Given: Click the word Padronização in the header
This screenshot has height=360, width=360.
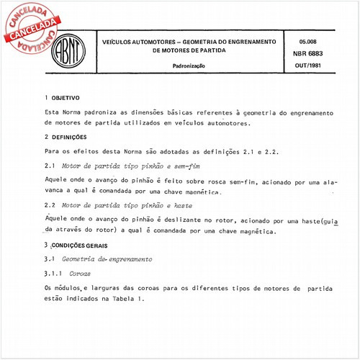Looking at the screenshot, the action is tap(189, 66).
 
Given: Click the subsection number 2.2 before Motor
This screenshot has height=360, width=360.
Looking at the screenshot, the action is tap(49, 205).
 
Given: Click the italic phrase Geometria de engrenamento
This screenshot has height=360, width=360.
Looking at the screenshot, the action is tap(107, 258).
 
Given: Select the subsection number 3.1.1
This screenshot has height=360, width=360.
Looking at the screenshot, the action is tap(53, 273).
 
